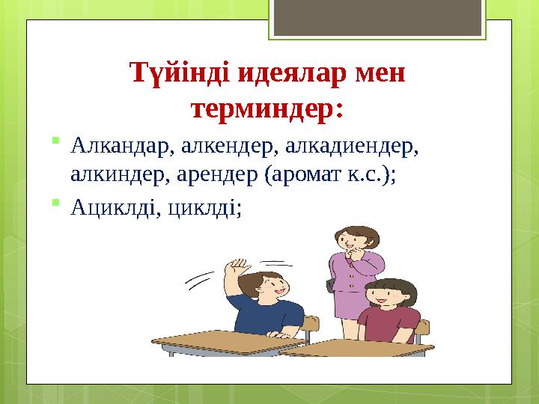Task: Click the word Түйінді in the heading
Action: click(x=180, y=73)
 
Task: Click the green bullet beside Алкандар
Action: click(x=55, y=140)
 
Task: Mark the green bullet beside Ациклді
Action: click(x=55, y=202)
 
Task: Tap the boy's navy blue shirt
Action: click(x=265, y=314)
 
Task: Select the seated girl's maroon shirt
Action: click(x=389, y=325)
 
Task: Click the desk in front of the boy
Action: click(x=228, y=343)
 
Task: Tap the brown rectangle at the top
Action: click(x=377, y=17)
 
